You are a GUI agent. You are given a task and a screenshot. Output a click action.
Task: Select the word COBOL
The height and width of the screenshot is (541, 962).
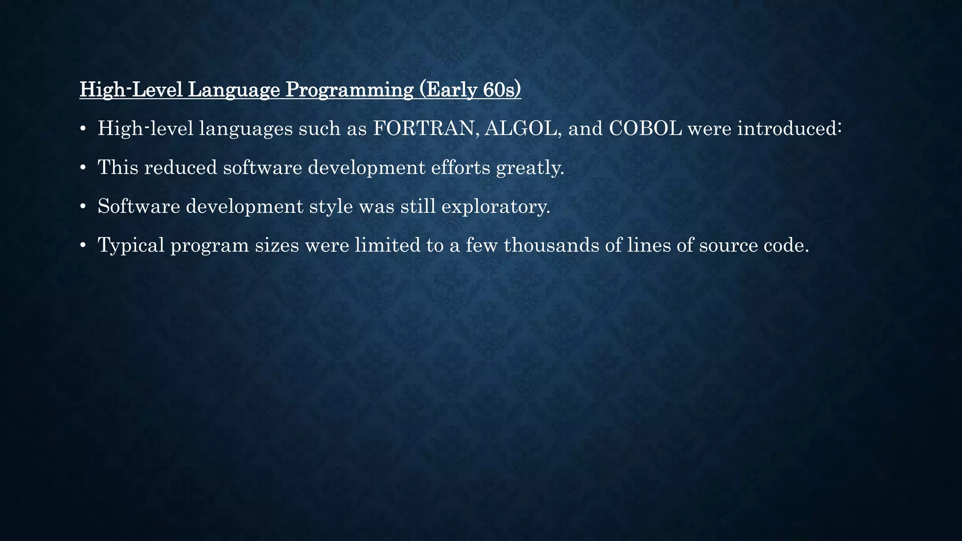point(645,129)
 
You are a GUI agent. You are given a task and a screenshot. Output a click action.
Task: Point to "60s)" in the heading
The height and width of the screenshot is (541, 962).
point(502,90)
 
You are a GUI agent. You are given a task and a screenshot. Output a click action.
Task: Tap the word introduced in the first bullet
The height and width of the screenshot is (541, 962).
point(789,129)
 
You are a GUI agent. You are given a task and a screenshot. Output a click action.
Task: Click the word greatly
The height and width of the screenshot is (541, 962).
point(530,168)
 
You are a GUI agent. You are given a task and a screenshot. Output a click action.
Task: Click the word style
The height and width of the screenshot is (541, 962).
point(331,207)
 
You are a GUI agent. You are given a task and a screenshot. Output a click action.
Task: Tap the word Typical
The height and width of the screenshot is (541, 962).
point(131,245)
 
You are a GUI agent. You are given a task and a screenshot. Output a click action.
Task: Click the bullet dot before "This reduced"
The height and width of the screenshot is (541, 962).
point(83,168)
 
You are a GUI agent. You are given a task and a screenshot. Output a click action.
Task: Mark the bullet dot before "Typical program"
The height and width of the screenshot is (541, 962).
point(83,245)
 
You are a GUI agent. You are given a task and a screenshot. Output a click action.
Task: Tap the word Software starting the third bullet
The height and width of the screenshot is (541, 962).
point(139,207)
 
